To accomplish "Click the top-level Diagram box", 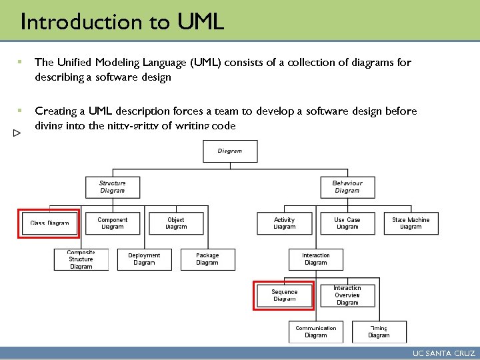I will point(229,151).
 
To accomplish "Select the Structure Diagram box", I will point(113,187).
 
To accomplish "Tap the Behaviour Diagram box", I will point(347,187).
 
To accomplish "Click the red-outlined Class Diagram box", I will point(50,223).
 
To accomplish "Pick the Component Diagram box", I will point(112,223).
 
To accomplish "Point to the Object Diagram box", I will point(176,223).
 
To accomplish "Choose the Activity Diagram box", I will point(284,223).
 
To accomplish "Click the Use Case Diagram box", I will point(347,223).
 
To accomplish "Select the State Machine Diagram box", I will point(411,223).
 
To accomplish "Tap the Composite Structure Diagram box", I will point(81,259).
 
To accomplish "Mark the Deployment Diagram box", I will point(144,259).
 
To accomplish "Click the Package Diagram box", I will point(207,259).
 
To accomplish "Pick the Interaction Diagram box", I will point(315,259).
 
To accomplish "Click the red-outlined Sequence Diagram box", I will point(285,295).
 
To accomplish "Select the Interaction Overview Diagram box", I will point(347,295).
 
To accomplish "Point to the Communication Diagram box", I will point(316,331).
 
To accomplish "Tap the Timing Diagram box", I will point(379,331).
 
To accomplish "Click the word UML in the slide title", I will point(201,22).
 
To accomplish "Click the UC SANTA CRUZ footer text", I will point(443,353).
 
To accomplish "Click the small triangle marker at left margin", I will point(17,133).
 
